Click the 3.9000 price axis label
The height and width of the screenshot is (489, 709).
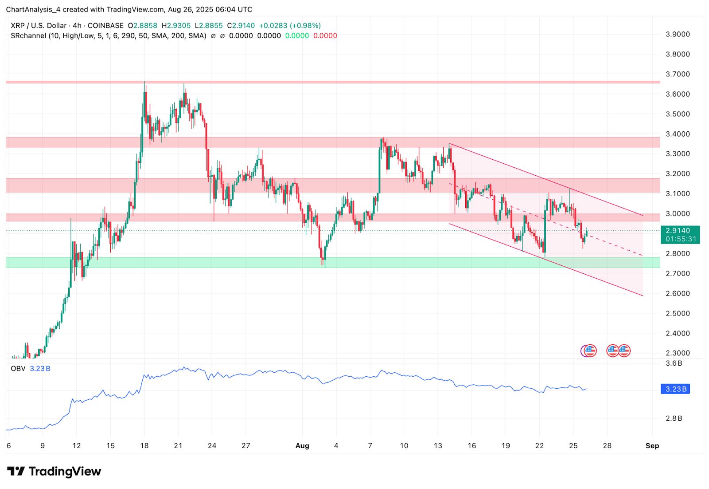(x=678, y=34)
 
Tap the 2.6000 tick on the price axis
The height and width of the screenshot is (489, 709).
(x=678, y=293)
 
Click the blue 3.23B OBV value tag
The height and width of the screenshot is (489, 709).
(x=675, y=389)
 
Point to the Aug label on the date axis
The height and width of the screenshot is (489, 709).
(x=302, y=446)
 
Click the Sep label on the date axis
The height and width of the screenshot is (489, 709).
(x=652, y=446)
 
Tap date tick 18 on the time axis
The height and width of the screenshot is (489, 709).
(x=144, y=446)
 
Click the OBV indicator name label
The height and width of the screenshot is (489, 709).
(x=18, y=369)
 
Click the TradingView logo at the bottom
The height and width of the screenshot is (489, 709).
(x=54, y=471)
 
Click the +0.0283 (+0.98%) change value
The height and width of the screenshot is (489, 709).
(x=290, y=26)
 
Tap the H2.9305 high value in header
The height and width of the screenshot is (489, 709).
(x=176, y=26)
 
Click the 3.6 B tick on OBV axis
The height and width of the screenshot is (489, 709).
(x=674, y=363)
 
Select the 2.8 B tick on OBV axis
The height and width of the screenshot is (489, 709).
(x=674, y=418)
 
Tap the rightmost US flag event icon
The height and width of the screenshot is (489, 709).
(x=624, y=351)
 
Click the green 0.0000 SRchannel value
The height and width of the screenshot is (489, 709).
(x=297, y=36)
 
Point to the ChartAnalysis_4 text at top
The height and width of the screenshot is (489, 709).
(x=33, y=9)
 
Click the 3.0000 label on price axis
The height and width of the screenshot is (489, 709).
(x=678, y=213)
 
